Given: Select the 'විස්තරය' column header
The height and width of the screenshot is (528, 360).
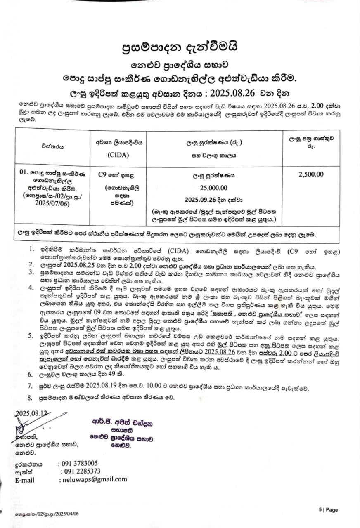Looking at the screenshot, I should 51,146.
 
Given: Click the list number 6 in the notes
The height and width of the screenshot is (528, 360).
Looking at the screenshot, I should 30,375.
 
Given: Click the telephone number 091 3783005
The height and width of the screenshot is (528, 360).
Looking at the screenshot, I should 78,463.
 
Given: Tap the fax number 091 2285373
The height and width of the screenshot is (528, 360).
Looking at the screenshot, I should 81,471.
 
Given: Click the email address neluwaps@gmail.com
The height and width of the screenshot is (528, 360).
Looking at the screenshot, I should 93,479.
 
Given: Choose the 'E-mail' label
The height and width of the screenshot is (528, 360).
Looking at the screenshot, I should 25,480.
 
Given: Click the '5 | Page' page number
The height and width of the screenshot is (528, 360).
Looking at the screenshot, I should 328,510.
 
